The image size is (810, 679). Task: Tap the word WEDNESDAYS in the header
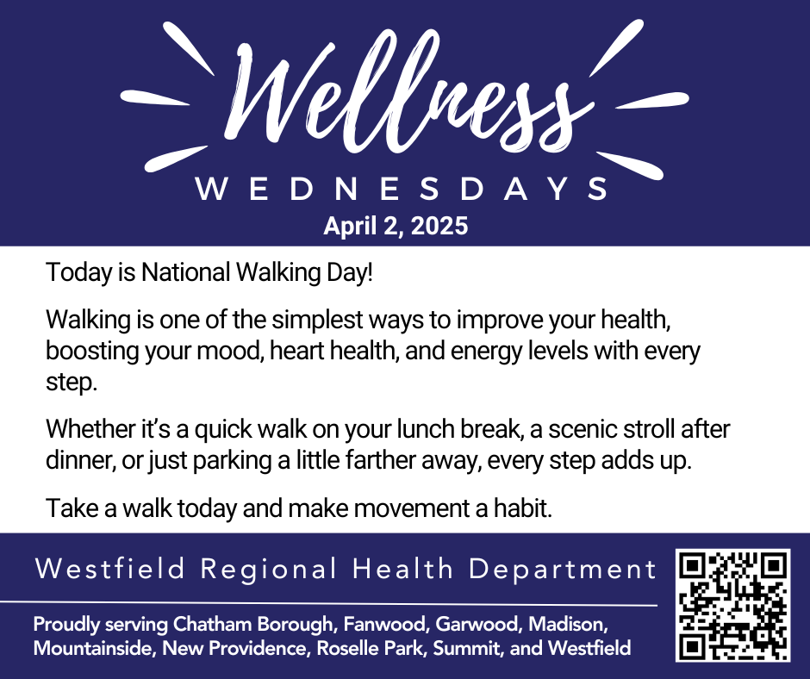pos(402,189)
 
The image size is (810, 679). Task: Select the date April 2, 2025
pos(396,226)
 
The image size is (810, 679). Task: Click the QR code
pos(733,606)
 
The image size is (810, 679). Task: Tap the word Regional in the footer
pos(269,569)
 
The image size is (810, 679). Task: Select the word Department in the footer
pos(563,570)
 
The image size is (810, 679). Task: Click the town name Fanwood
pos(385,624)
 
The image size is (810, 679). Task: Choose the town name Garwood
pos(477,624)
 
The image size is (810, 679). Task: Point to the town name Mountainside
pos(95,648)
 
